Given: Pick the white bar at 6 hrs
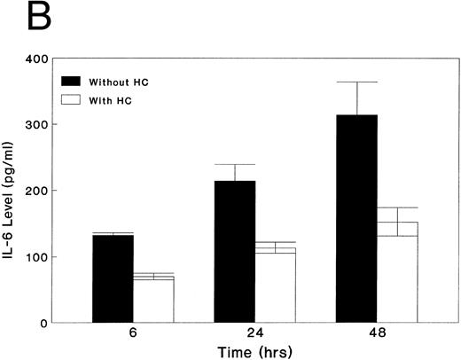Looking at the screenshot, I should (153, 301).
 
